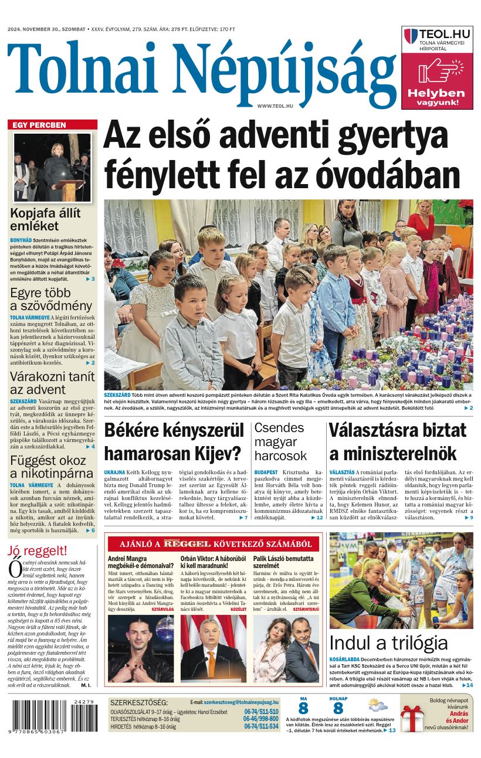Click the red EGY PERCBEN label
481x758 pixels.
[40, 125]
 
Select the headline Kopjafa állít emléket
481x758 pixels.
[45, 219]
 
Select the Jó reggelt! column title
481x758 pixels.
[38, 550]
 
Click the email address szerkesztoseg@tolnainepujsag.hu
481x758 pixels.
[240, 702]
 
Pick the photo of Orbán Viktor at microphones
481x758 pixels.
[214, 648]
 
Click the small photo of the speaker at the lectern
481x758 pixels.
[52, 167]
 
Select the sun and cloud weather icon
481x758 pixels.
[378, 705]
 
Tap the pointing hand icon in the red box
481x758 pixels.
[441, 73]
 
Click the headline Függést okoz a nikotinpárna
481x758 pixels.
[52, 467]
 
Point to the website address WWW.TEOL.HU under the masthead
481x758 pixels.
[275, 105]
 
